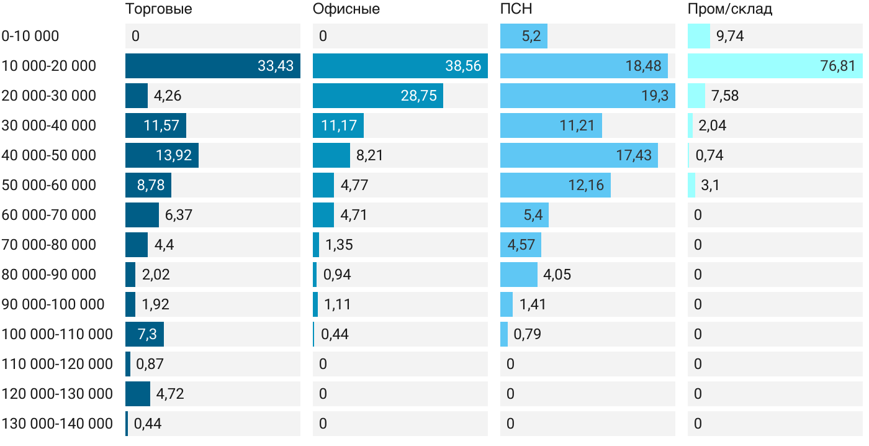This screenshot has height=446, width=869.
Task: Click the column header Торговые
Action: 159,9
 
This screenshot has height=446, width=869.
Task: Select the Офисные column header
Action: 346,9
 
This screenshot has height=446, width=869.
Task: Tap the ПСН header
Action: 516,9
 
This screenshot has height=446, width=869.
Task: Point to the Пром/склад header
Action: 730,9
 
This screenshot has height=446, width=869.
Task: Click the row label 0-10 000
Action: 30,36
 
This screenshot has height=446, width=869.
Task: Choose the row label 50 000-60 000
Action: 49,185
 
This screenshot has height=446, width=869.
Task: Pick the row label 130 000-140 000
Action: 57,424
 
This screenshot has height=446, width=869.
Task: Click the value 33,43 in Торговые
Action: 276,66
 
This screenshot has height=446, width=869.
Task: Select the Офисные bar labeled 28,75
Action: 378,96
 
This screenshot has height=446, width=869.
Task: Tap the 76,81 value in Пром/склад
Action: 837,66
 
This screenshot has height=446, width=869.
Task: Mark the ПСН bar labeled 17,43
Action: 579,155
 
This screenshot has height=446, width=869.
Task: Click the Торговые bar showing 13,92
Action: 162,155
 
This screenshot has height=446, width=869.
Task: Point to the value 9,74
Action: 730,36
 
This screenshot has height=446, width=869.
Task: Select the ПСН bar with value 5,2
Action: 524,36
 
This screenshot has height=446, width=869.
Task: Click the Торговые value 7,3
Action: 146,334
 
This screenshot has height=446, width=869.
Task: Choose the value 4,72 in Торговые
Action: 170,394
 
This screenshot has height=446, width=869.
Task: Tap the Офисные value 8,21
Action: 369,155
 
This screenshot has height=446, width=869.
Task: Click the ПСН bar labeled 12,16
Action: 556,185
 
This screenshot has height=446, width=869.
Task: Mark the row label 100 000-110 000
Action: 57,334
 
